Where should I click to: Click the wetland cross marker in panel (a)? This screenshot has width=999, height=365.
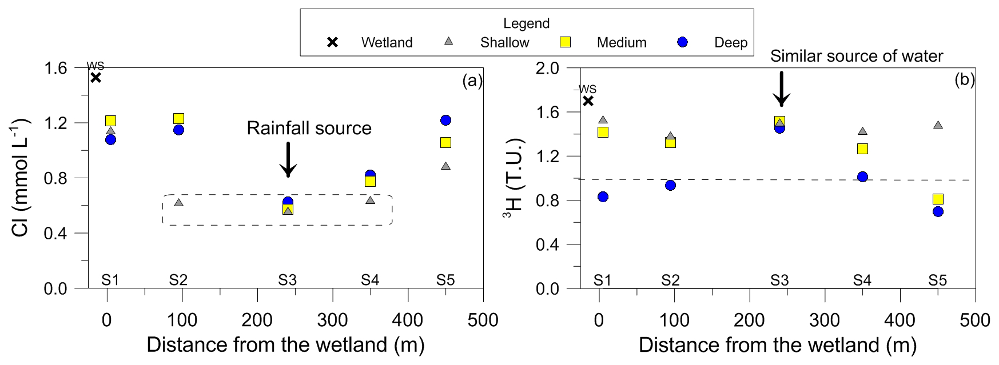point(96,77)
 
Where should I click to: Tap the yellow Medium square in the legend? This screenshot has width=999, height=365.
point(565,42)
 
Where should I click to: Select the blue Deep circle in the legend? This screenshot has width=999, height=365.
point(682,42)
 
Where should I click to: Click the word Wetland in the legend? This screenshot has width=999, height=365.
point(387,42)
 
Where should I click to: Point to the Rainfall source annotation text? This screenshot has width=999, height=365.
point(309,128)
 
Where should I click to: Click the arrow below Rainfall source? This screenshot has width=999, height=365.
point(288,160)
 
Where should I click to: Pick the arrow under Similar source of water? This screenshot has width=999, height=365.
point(781,89)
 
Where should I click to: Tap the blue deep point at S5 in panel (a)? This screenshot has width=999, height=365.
point(446,120)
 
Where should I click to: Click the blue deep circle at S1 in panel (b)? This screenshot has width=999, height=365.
point(603,196)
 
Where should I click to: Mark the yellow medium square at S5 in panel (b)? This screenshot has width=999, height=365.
point(938,199)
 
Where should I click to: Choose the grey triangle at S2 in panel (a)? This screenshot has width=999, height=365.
point(178,203)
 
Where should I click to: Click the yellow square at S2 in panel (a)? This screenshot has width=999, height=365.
point(178,118)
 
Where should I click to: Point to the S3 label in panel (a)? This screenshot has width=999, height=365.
point(288,280)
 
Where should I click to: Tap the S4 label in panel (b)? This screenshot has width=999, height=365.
point(862,280)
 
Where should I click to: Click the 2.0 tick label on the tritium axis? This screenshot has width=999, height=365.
point(547,68)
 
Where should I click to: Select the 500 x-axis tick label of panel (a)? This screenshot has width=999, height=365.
point(483,320)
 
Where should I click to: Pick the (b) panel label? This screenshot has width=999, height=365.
point(964,79)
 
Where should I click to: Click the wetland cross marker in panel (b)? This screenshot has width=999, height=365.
point(588,101)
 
